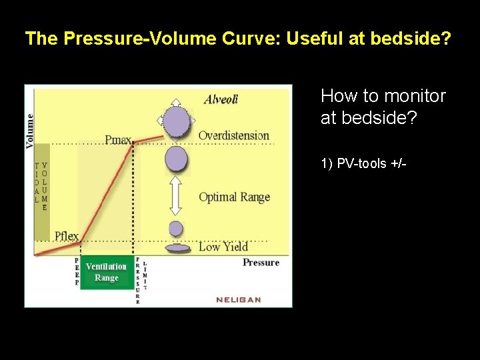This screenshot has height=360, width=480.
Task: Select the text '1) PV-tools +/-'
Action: [x=363, y=164]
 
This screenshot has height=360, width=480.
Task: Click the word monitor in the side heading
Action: [x=415, y=96]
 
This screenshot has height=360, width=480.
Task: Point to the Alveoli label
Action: [x=221, y=99]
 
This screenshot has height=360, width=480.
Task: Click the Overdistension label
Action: [x=233, y=135]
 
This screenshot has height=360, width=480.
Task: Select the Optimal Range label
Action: [x=234, y=197]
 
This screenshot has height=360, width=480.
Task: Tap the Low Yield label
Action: [x=223, y=247]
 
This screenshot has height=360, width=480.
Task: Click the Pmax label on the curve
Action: [x=117, y=140]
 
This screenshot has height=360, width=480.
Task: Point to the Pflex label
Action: [x=67, y=235]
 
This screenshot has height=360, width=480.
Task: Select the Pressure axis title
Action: [x=261, y=263]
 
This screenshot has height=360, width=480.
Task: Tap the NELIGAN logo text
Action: [x=239, y=299]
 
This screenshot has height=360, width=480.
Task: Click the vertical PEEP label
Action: [x=77, y=272]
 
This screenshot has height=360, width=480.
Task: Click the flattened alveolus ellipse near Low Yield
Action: [x=177, y=249]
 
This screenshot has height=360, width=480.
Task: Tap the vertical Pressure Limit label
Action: [x=141, y=280]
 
